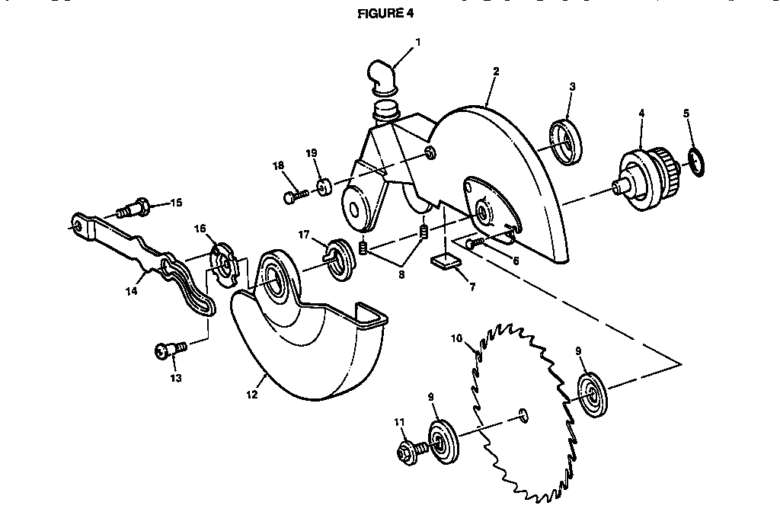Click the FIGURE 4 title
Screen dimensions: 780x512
tap(385, 14)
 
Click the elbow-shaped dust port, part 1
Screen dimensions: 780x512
tap(382, 77)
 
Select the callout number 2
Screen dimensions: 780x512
tap(496, 71)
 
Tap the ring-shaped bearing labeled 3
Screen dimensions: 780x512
tap(566, 142)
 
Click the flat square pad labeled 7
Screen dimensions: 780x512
tap(445, 262)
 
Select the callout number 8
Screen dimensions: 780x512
tap(401, 274)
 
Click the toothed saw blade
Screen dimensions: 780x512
tap(524, 412)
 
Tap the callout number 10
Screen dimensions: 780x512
tap(457, 339)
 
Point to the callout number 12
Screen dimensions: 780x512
tap(251, 395)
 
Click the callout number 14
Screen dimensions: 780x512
tap(131, 291)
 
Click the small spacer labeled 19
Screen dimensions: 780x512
tap(324, 187)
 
